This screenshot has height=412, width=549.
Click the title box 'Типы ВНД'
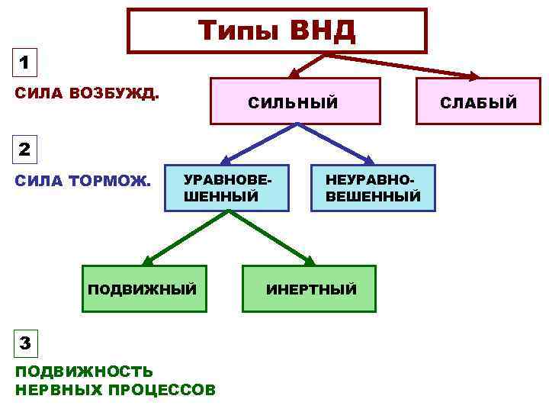click(x=277, y=31)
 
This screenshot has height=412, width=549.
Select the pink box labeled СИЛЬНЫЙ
click(x=295, y=101)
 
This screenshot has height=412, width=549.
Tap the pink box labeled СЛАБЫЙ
click(x=477, y=101)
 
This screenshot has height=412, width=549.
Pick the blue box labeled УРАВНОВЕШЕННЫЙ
click(x=226, y=188)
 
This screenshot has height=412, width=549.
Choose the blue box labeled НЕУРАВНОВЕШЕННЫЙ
click(x=372, y=188)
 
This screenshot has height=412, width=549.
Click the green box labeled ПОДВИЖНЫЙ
click(x=144, y=289)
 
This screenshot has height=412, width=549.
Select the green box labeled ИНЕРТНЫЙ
click(x=310, y=289)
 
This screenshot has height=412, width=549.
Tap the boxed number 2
click(x=24, y=150)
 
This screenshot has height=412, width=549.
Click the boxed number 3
click(x=24, y=343)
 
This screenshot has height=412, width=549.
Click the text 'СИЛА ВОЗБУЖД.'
click(x=88, y=94)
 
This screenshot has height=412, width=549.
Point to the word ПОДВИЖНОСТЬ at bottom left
click(x=84, y=372)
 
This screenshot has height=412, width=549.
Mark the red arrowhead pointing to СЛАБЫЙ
click(x=473, y=76)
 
